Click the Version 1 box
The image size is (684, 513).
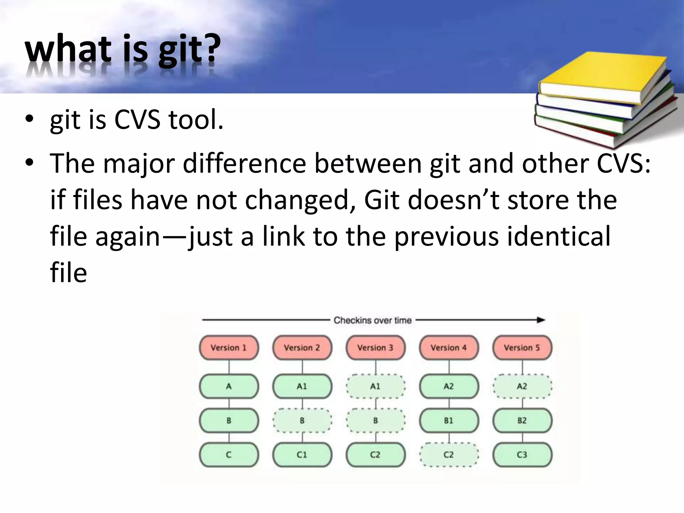[x=229, y=348]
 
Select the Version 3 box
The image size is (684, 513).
[x=375, y=348]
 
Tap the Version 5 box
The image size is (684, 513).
[x=522, y=348]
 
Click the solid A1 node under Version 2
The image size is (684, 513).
[x=302, y=386]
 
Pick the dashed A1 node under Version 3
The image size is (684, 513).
[x=375, y=386]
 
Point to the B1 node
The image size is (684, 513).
[x=449, y=420]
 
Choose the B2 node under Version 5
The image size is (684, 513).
[x=522, y=420]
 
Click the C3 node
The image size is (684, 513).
[x=522, y=455]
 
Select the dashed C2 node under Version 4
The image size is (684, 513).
[x=449, y=455]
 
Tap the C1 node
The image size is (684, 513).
[x=302, y=455]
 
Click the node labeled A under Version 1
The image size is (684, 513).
[x=229, y=386]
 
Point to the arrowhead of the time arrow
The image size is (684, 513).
[x=541, y=320]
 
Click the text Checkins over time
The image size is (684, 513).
[x=372, y=320]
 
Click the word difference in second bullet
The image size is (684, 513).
[x=244, y=164]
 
